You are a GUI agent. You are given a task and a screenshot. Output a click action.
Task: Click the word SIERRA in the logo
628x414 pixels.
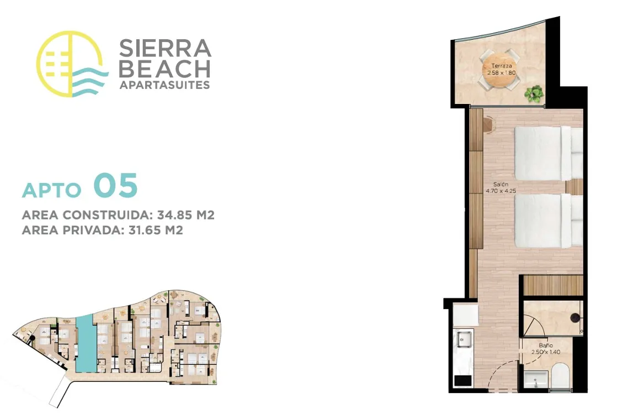pyautogui.click(x=165, y=48)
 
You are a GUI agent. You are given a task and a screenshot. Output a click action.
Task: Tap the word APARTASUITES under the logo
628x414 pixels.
pyautogui.click(x=164, y=85)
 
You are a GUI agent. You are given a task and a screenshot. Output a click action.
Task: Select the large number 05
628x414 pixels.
pyautogui.click(x=115, y=185)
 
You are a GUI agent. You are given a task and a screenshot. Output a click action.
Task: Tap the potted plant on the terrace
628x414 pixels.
pyautogui.click(x=534, y=95)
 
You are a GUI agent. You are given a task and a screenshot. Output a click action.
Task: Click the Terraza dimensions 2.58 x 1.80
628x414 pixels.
pyautogui.click(x=502, y=73)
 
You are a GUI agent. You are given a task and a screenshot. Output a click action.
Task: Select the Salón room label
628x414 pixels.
pyautogui.click(x=501, y=184)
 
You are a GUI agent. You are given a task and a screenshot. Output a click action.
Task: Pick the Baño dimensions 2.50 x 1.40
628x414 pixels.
pyautogui.click(x=545, y=352)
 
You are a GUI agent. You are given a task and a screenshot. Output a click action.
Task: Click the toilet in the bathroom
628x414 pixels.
pyautogui.click(x=560, y=377)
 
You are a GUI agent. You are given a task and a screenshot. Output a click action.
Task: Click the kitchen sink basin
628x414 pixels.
pyautogui.click(x=464, y=340)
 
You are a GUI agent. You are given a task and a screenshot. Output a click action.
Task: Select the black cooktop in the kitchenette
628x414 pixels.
pyautogui.click(x=462, y=380)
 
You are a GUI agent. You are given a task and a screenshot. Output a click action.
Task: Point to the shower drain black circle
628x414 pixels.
pyautogui.click(x=575, y=317)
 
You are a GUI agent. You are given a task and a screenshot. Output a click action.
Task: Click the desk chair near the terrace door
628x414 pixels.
pyautogui.click(x=488, y=124)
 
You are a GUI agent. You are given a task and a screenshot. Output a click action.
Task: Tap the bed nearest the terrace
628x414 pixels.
pyautogui.click(x=549, y=153)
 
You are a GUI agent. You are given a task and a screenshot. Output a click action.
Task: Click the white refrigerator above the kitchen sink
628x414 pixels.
pyautogui.click(x=465, y=316)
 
